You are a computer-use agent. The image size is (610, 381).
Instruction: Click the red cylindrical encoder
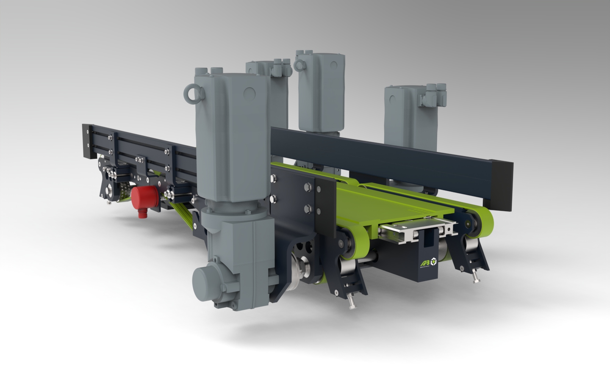coord(142,199)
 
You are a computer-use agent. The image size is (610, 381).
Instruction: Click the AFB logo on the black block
coord(424,264)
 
